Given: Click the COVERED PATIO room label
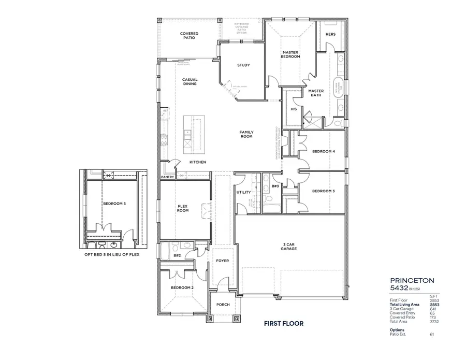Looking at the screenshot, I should pyautogui.click(x=189, y=36).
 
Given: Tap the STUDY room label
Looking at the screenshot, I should pyautogui.click(x=243, y=65).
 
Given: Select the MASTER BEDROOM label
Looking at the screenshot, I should pyautogui.click(x=290, y=54).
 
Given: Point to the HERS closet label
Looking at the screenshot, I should pyautogui.click(x=330, y=34).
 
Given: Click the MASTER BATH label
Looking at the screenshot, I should pyautogui.click(x=316, y=93).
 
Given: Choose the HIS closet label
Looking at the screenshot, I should pyautogui.click(x=294, y=109).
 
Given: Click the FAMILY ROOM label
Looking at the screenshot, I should pyautogui.click(x=246, y=134).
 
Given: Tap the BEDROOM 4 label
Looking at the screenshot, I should pyautogui.click(x=324, y=151).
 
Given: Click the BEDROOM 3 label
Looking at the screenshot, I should pyautogui.click(x=324, y=191).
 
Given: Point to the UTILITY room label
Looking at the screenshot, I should pyautogui.click(x=243, y=192).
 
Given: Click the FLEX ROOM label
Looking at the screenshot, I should pyautogui.click(x=183, y=208).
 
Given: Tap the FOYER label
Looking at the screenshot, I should pyautogui.click(x=222, y=261).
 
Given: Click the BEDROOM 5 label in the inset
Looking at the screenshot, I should pyautogui.click(x=114, y=204).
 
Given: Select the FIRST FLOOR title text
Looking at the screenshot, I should pyautogui.click(x=283, y=324).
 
